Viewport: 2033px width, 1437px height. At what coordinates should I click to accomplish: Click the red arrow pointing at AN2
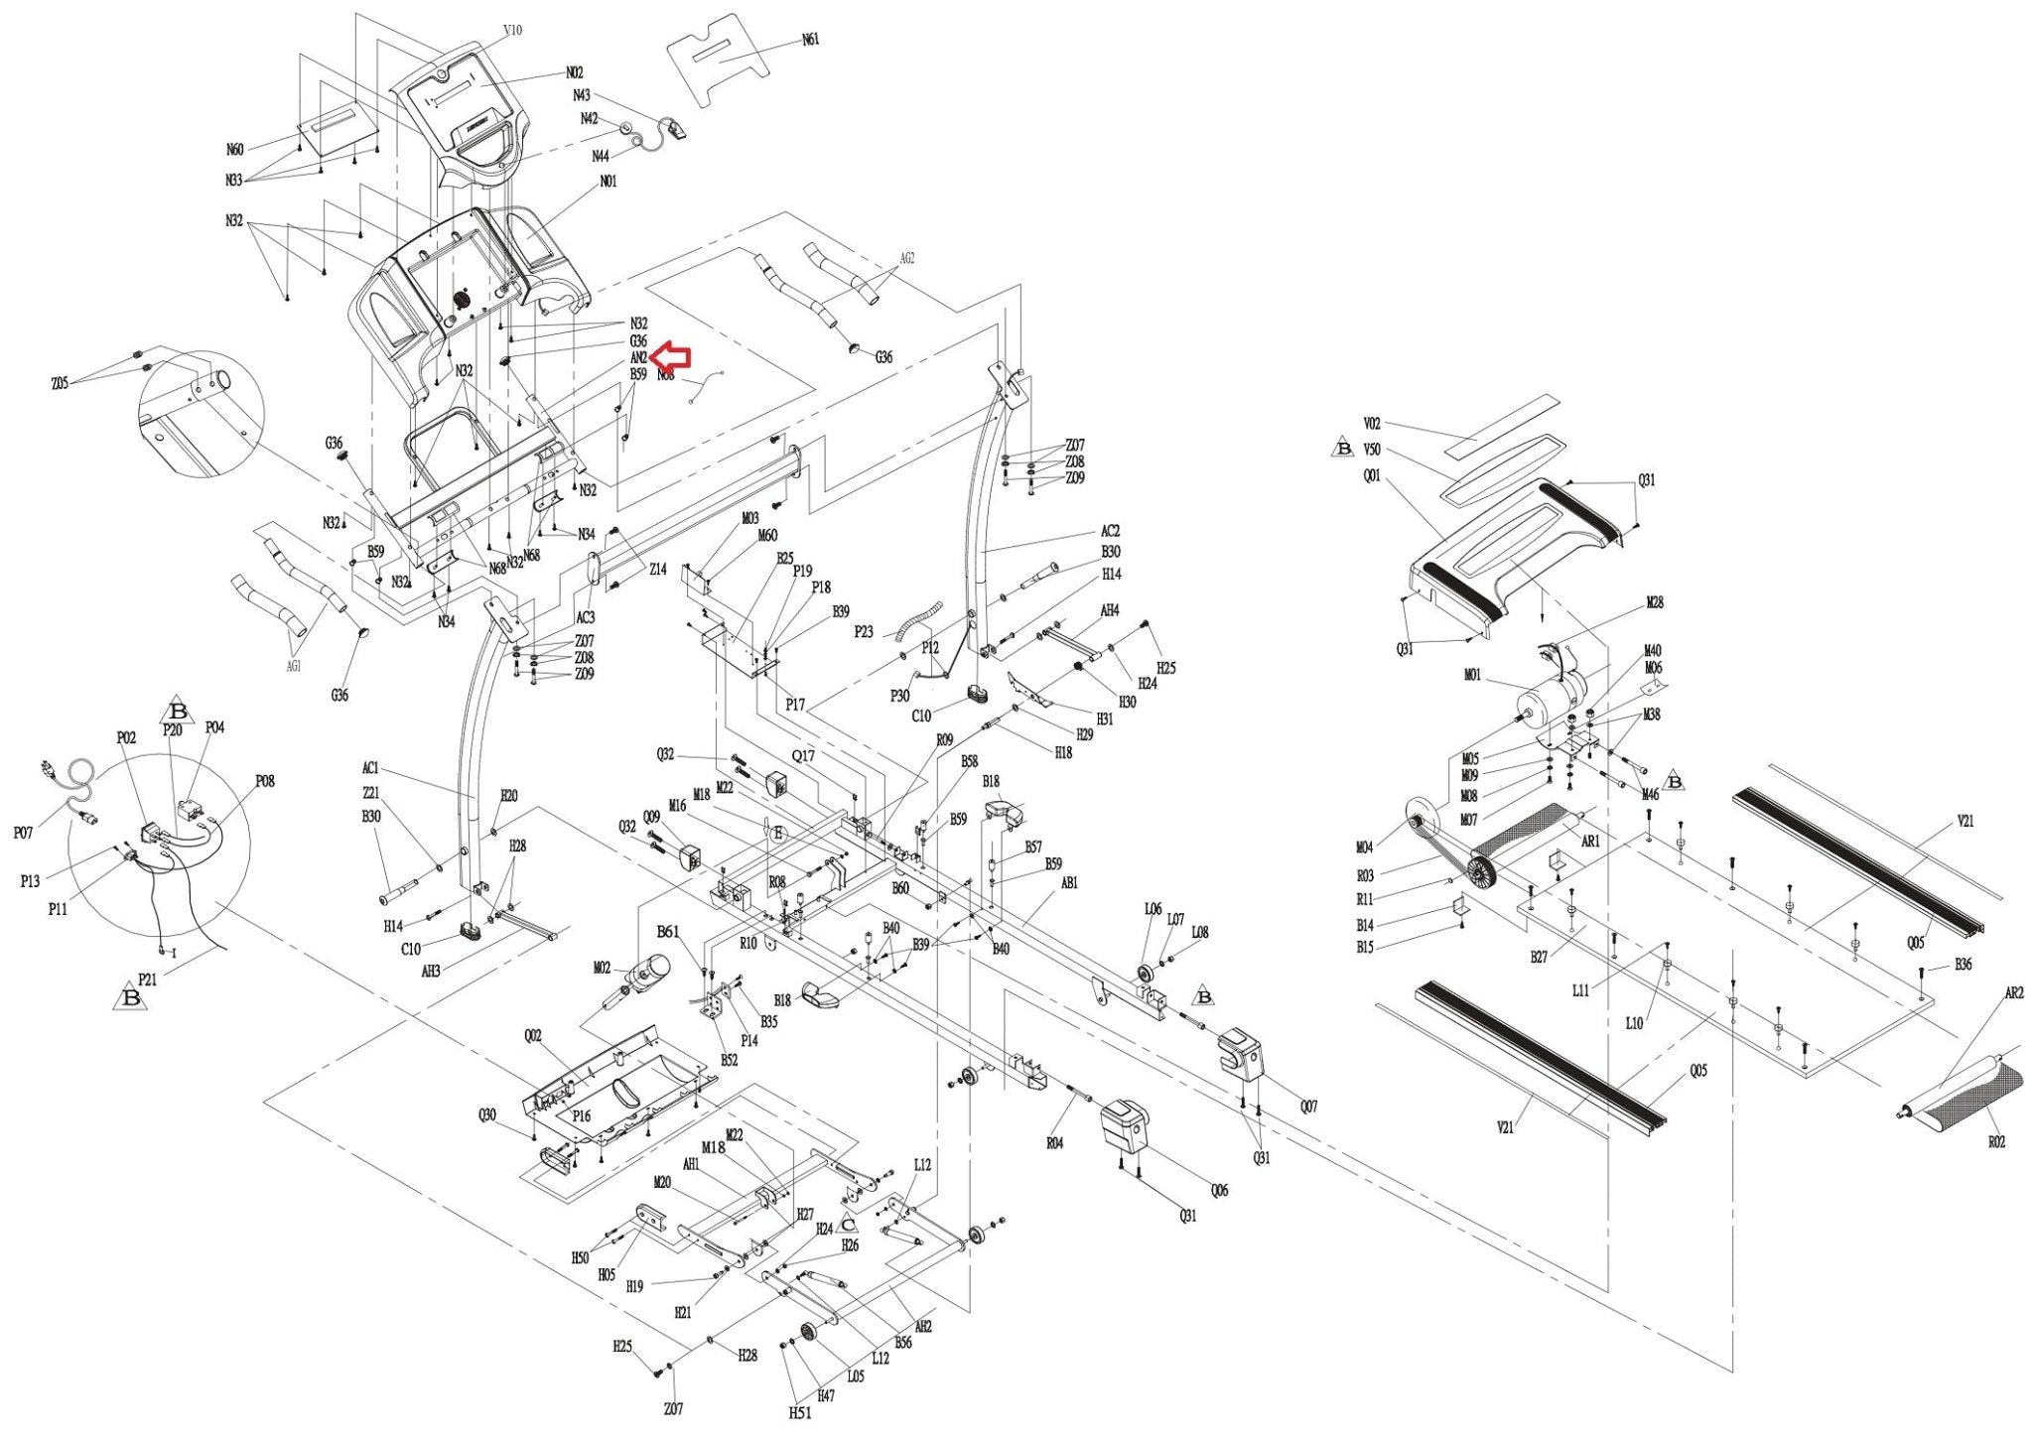point(674,356)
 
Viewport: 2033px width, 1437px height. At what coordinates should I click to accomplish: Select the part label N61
point(811,41)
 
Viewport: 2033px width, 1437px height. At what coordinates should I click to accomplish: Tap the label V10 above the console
point(512,31)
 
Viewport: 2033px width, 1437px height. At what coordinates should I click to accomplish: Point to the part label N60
point(234,150)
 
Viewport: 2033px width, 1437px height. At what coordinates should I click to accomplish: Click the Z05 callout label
point(59,384)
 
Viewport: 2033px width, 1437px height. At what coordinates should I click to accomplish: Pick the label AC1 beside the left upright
point(370,768)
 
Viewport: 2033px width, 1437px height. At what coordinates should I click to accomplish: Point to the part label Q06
point(1219,1190)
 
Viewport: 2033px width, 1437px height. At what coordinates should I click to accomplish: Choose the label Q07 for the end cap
point(1308,1107)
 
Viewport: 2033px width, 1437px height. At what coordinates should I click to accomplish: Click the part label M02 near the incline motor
point(602,968)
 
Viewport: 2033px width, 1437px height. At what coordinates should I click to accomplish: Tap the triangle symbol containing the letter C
point(849,1225)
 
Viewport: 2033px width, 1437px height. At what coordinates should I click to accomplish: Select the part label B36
point(1963,964)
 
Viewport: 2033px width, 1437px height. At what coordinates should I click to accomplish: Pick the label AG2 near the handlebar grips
point(906,258)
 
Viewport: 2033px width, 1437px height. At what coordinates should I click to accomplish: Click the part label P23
point(864,631)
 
